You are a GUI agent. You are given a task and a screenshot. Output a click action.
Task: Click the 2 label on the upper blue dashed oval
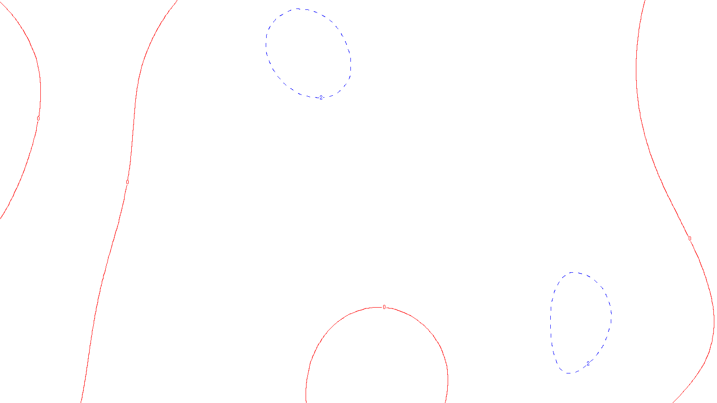click(321, 97)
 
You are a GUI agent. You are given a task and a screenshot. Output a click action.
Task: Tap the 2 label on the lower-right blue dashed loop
click(588, 363)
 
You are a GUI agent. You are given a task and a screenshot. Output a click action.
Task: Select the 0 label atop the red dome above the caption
click(384, 307)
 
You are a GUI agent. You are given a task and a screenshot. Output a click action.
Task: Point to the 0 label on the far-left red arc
click(38, 119)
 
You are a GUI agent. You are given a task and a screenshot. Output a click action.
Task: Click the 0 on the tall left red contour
click(127, 182)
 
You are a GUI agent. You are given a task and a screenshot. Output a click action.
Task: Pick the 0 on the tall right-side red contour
click(690, 239)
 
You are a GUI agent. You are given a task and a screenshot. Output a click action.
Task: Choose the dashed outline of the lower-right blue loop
click(610, 313)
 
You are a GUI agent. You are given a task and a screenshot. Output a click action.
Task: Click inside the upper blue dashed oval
click(308, 53)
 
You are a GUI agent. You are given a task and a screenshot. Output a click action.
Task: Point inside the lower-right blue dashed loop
click(580, 322)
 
